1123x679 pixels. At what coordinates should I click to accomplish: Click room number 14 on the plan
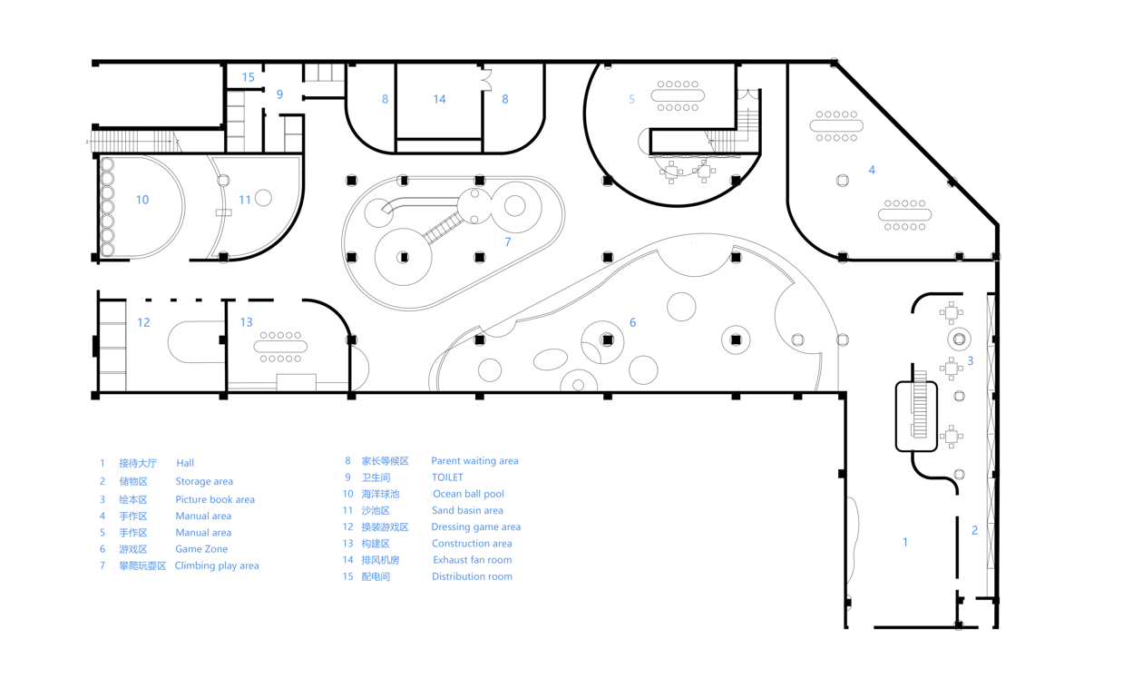click(x=439, y=99)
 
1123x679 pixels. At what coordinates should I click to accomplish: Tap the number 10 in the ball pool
click(x=142, y=200)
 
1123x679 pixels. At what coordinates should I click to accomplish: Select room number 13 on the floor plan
click(x=246, y=322)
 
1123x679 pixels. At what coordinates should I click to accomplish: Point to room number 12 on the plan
click(x=143, y=322)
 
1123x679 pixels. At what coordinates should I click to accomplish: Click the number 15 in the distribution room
click(x=248, y=77)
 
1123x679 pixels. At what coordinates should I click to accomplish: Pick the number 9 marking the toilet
click(x=280, y=94)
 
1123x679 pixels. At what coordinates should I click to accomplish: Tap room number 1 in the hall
click(x=904, y=542)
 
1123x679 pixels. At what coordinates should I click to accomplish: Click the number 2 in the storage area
click(x=975, y=530)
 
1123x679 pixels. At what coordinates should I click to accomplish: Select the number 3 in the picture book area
click(x=970, y=360)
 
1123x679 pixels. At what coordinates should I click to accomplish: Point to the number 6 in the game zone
click(x=632, y=322)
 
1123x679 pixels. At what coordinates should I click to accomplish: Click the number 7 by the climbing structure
click(x=508, y=241)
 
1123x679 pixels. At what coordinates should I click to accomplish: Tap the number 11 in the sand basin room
click(x=245, y=200)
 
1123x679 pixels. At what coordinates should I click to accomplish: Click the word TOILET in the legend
click(x=447, y=477)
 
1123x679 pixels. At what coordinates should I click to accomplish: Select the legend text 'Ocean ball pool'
click(x=468, y=494)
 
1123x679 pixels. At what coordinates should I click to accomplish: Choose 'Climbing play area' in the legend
click(x=217, y=566)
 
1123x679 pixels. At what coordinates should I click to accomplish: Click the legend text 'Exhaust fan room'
click(x=472, y=560)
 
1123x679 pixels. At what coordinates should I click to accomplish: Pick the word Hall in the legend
click(x=185, y=463)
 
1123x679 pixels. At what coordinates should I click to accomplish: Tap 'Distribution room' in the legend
click(x=472, y=576)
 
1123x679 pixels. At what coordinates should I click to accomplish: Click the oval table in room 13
click(x=280, y=347)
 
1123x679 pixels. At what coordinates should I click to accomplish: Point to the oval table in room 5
click(x=678, y=95)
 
